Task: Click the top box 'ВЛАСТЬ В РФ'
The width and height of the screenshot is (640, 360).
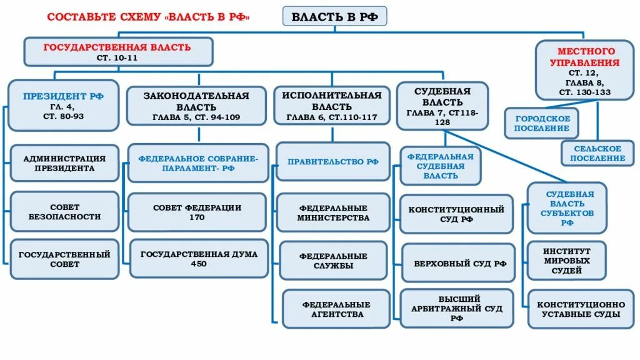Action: [x=335, y=17]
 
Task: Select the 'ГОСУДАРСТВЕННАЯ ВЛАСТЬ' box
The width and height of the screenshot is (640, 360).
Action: [x=117, y=52]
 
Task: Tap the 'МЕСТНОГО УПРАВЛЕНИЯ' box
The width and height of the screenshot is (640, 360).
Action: [x=585, y=70]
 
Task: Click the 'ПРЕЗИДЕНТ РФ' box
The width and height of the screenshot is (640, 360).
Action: [x=64, y=105]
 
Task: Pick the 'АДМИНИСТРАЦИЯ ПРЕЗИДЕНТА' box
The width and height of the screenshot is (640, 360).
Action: [x=64, y=163]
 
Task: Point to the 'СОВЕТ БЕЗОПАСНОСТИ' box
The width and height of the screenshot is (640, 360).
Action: [x=64, y=211]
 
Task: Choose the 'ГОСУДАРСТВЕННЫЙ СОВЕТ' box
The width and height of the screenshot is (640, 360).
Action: [x=64, y=259]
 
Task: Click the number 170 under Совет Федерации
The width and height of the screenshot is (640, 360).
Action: [x=196, y=217]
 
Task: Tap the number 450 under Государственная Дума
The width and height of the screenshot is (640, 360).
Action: [x=199, y=264]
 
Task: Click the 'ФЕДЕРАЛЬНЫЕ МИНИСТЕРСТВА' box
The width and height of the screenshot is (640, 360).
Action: [x=333, y=212]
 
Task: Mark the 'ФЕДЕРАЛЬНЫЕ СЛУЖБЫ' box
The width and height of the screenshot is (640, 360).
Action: [x=333, y=261]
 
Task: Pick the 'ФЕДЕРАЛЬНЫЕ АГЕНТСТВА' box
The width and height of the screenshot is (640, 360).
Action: [x=336, y=309]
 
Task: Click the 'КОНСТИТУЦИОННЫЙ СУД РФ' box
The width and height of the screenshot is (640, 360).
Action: [x=456, y=214]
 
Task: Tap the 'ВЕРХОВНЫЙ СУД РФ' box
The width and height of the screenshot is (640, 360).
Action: [x=456, y=263]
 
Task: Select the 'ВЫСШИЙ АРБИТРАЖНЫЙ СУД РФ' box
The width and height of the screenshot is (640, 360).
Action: [x=456, y=309]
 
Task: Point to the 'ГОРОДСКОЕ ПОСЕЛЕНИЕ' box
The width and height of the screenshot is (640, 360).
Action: [x=542, y=123]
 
